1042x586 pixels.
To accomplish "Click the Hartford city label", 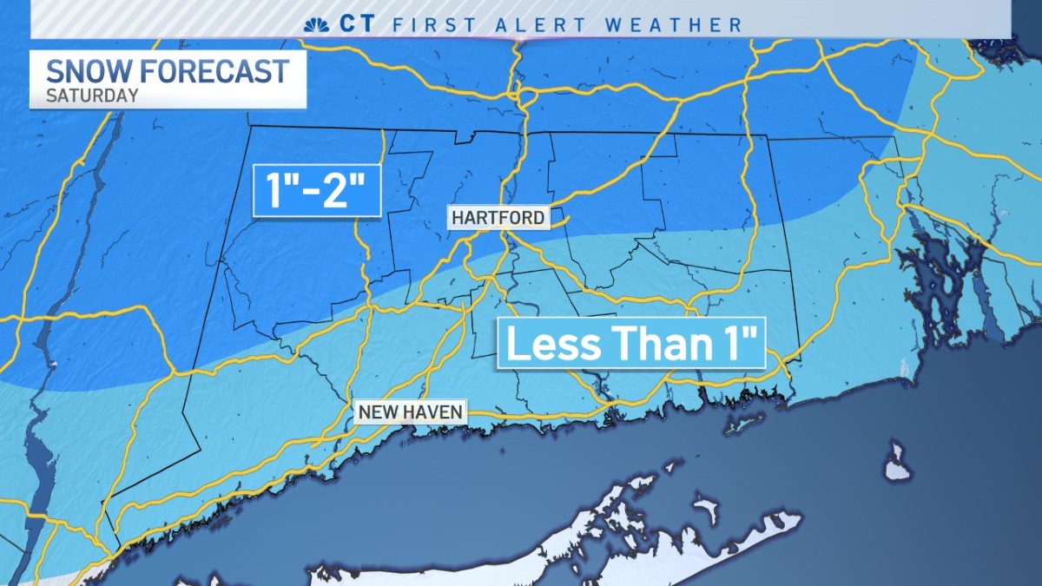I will click(x=499, y=217).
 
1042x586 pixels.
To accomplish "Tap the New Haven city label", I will click(x=412, y=411).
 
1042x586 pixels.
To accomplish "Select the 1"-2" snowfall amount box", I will click(x=317, y=190).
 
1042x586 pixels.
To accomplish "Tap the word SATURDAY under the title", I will click(x=92, y=95).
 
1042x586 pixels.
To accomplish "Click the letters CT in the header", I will click(x=356, y=24).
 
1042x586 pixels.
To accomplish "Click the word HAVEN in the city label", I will click(x=436, y=411).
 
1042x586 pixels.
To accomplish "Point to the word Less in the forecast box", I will click(x=548, y=344).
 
